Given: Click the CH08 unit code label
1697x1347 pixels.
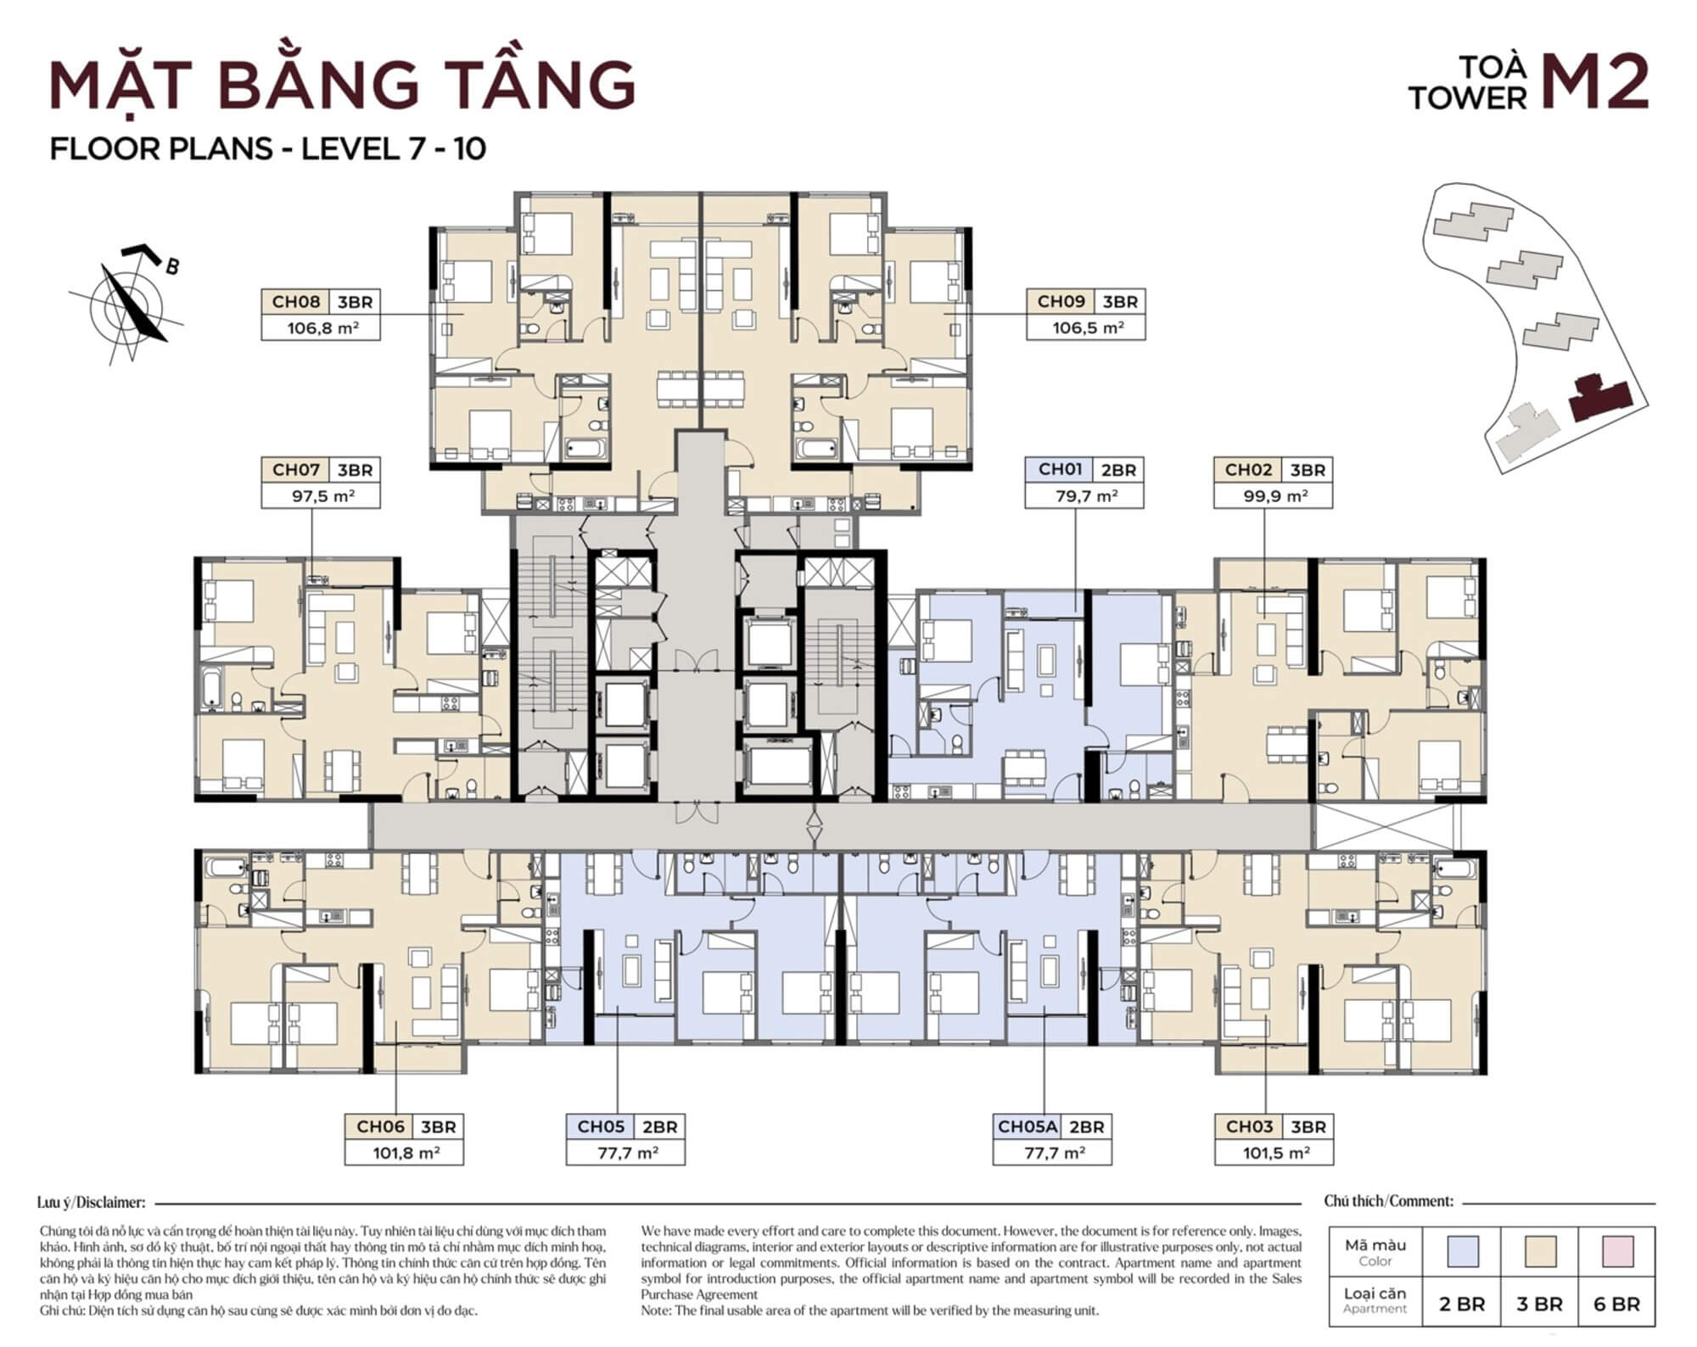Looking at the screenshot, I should pos(295,302).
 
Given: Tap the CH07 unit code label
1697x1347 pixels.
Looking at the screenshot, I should pos(295,470).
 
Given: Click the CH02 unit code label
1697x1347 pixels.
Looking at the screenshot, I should pos(1248,470).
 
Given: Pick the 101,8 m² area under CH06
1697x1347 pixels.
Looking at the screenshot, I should pos(405,1154).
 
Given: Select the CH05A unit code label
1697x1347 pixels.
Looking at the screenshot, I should pos(1026,1127).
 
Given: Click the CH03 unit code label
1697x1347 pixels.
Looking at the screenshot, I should pos(1248,1127).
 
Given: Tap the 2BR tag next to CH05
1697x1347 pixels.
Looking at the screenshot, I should pos(659,1127).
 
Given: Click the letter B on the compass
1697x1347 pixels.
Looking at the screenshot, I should pos(172,266).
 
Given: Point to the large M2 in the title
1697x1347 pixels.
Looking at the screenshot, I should pos(1593,83).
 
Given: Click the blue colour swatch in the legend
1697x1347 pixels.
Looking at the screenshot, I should pos(1461,1251).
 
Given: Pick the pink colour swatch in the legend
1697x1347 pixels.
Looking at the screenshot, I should pos(1616,1251).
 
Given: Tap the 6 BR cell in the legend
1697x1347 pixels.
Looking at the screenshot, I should pos(1616,1304).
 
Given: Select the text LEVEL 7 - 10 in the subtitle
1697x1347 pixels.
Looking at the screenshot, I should pos(394,148).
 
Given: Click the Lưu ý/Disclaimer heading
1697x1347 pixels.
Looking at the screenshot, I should pos(92,1202).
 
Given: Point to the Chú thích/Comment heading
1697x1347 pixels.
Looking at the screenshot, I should pos(1388,1201).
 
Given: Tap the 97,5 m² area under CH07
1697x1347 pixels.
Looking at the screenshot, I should pos(320,496).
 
